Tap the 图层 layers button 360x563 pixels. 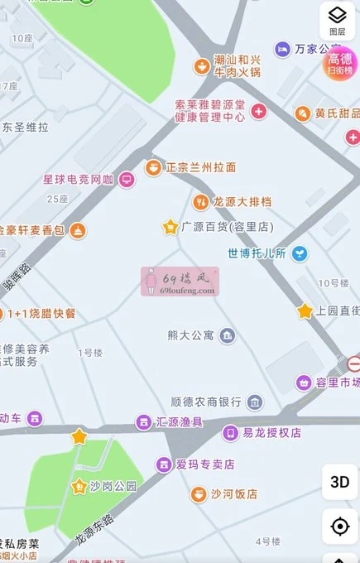point(337,19)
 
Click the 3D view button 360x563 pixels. point(339,482)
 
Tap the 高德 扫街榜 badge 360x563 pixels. point(340,63)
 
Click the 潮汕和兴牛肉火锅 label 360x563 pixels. point(238,65)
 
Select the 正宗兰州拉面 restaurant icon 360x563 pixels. point(153,167)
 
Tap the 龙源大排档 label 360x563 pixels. point(242,201)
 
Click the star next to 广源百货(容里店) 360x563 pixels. point(170,226)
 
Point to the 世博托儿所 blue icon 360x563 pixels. point(300,253)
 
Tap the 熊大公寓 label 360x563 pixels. point(190,335)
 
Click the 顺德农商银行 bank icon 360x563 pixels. point(255,402)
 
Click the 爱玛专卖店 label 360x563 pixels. point(205,464)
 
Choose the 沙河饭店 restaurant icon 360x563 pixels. point(199,494)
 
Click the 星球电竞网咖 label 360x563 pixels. point(79,179)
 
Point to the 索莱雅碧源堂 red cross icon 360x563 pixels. point(259,111)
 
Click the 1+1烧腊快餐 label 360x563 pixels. point(41,313)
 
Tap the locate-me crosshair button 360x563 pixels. point(339,527)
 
